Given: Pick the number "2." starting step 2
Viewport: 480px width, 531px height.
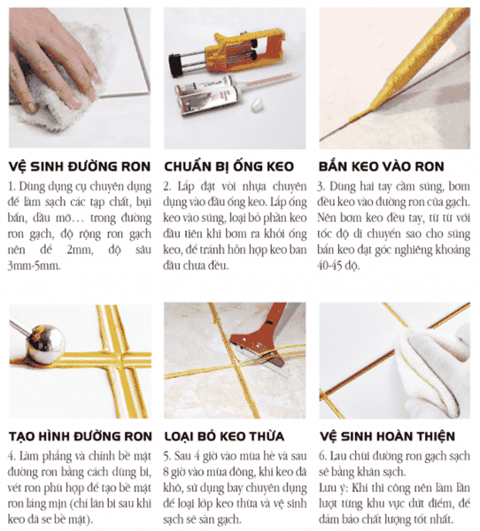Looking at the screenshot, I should point(168,187).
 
